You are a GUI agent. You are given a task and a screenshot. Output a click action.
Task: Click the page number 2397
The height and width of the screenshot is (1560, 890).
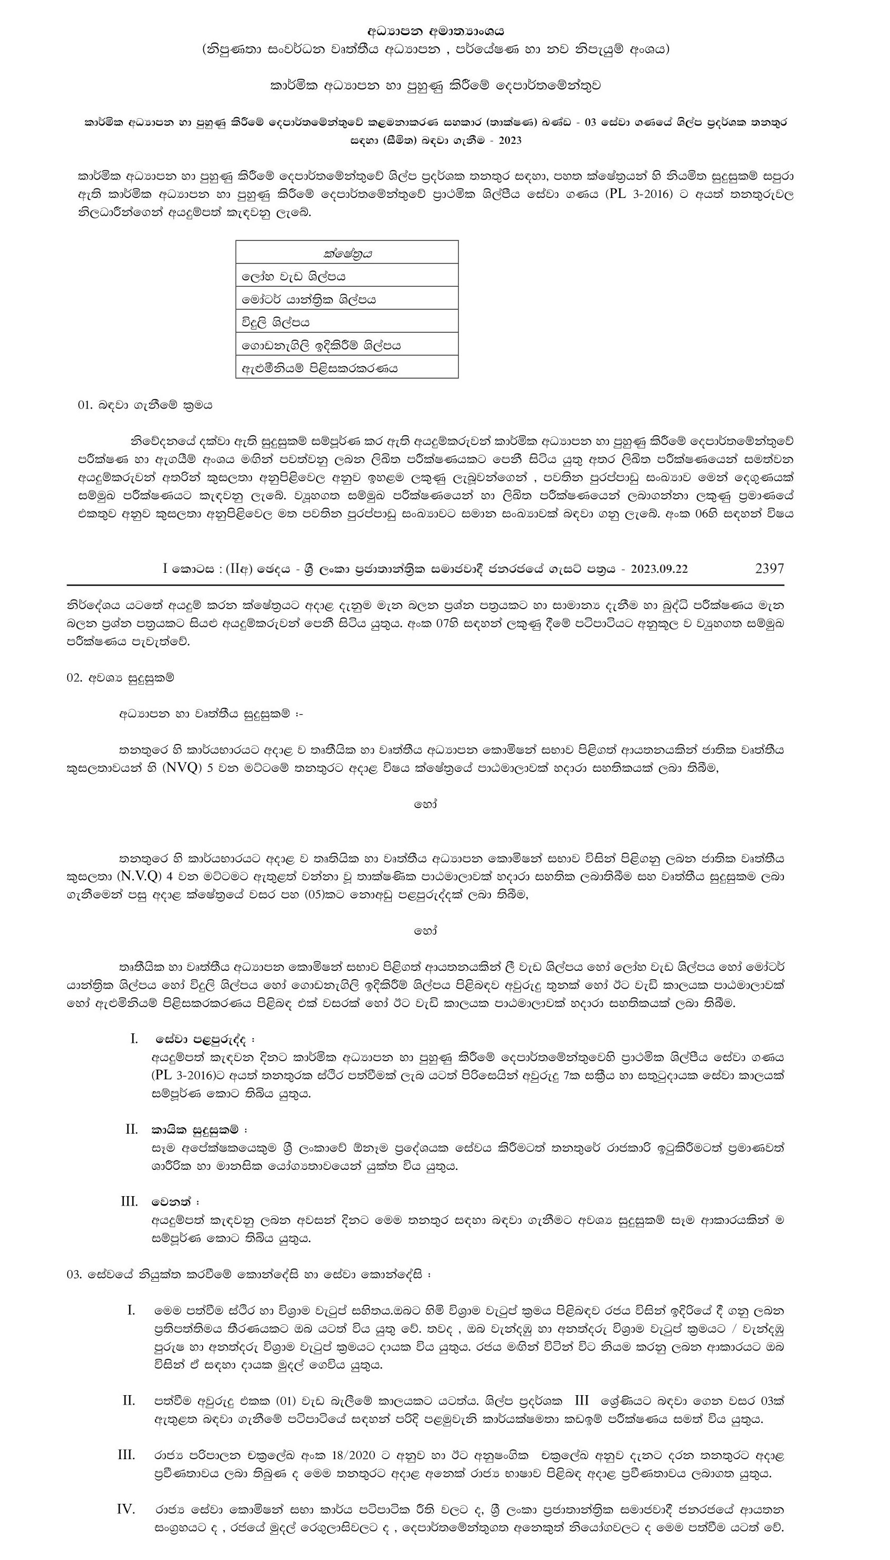(x=769, y=569)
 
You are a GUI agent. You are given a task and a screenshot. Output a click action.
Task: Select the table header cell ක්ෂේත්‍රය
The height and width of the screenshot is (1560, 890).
(x=347, y=253)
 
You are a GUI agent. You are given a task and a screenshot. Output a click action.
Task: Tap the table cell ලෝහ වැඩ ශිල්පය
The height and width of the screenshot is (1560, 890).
(x=294, y=276)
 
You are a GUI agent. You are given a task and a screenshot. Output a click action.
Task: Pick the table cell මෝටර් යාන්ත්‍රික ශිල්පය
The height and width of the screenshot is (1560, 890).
(x=309, y=299)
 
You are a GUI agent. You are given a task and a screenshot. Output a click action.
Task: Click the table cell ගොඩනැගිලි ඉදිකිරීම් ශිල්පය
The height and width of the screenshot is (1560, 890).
(x=321, y=345)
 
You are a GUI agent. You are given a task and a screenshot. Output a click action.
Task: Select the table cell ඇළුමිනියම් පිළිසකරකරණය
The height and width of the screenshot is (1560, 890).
(x=320, y=369)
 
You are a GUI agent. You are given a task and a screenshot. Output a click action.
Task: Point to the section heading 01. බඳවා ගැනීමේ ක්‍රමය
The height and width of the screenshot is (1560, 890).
(x=144, y=405)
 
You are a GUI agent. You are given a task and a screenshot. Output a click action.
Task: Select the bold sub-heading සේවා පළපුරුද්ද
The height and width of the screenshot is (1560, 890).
(x=202, y=1039)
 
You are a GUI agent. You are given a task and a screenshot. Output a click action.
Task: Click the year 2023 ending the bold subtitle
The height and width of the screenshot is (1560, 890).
(x=509, y=141)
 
